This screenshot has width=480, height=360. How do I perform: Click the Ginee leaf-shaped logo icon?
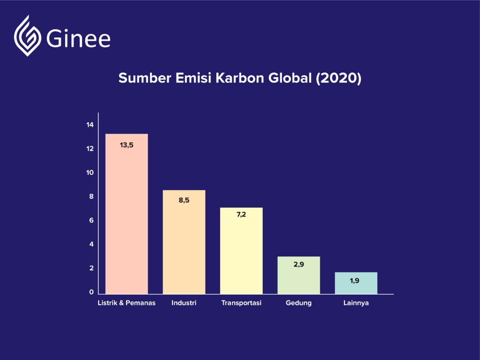click(x=28, y=36)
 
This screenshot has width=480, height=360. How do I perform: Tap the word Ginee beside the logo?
click(x=78, y=38)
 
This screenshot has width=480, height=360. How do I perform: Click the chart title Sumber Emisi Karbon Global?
click(x=240, y=78)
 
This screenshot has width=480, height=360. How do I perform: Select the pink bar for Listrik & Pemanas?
click(x=127, y=214)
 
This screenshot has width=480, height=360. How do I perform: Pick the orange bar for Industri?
click(x=184, y=242)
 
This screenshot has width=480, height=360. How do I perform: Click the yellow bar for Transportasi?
click(x=241, y=251)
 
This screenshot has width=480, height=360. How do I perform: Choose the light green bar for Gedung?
click(x=299, y=275)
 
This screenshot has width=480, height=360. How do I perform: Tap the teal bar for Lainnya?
click(x=356, y=283)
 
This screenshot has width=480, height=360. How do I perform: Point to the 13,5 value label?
click(x=127, y=145)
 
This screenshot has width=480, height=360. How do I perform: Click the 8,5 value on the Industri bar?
click(x=184, y=200)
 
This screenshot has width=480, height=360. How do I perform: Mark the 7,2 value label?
click(x=241, y=215)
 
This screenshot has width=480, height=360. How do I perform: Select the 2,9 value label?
click(x=299, y=264)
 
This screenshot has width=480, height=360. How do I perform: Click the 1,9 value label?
click(x=355, y=281)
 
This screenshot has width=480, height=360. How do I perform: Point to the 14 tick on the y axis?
click(x=90, y=125)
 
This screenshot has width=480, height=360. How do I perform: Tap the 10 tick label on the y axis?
click(x=90, y=172)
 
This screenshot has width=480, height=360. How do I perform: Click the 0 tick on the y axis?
click(x=91, y=292)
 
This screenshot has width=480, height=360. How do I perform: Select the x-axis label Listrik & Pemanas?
click(x=127, y=303)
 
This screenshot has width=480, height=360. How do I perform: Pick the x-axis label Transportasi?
click(x=241, y=303)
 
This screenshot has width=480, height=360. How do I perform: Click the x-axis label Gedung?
click(x=299, y=303)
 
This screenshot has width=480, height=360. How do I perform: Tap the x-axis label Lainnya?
click(x=356, y=303)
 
